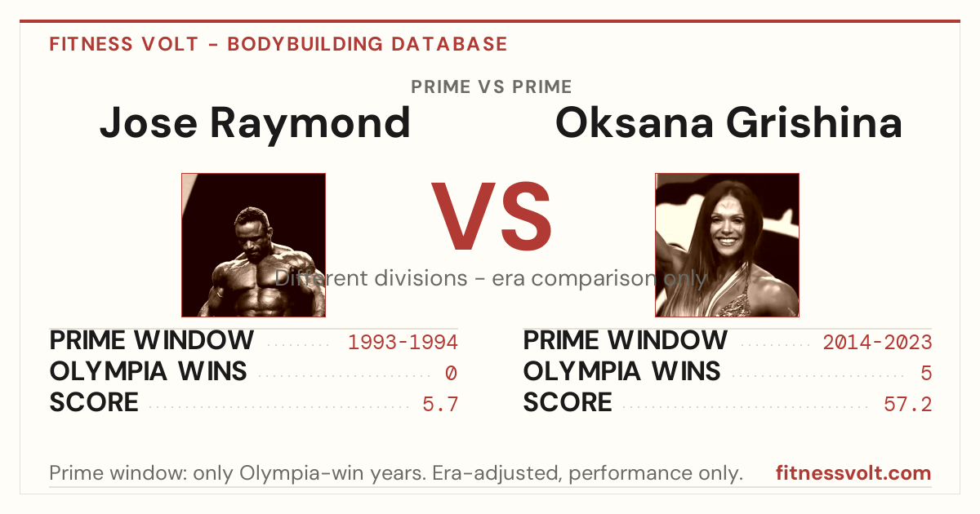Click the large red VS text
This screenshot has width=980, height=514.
pyautogui.click(x=491, y=216)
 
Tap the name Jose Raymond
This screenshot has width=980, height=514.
pyautogui.click(x=255, y=124)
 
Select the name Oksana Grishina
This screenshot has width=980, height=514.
pyautogui.click(x=728, y=123)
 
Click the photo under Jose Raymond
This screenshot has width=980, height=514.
pyautogui.click(x=254, y=246)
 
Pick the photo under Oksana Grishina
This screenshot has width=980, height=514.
pyautogui.click(x=727, y=246)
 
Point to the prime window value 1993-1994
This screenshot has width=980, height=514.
pyautogui.click(x=403, y=342)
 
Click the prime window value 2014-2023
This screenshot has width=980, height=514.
pyautogui.click(x=877, y=342)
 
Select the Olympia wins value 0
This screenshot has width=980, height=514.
pyautogui.click(x=451, y=374)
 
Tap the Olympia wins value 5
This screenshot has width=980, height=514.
pyautogui.click(x=926, y=374)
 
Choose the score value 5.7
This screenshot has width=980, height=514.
pyautogui.click(x=440, y=405)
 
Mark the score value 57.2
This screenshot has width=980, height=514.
pyautogui.click(x=908, y=405)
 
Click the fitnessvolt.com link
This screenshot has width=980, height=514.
pyautogui.click(x=853, y=473)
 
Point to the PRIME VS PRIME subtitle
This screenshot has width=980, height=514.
pyautogui.click(x=492, y=87)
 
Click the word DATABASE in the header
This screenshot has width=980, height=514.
pyautogui.click(x=449, y=44)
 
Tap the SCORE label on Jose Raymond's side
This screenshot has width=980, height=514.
pyautogui.click(x=94, y=402)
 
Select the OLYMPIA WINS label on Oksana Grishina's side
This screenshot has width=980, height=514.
pyautogui.click(x=621, y=371)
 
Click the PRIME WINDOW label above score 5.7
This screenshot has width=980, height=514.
pyautogui.click(x=151, y=340)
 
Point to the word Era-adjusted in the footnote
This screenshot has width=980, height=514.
pyautogui.click(x=497, y=473)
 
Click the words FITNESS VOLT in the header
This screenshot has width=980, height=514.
pyautogui.click(x=124, y=44)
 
